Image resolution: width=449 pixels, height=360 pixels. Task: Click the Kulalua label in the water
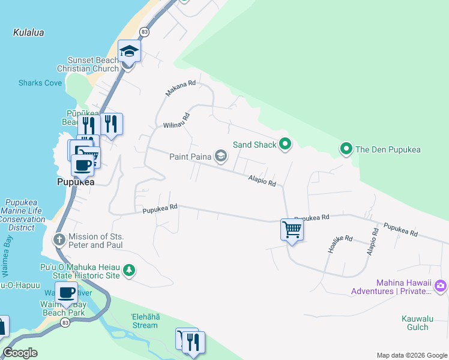pyautogui.click(x=28, y=32)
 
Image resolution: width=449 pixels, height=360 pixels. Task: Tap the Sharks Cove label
pyautogui.click(x=40, y=83)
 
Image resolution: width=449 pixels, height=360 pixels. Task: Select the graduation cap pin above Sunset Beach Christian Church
pyautogui.click(x=129, y=51)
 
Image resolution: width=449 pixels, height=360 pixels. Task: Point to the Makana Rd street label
pyautogui.click(x=181, y=88)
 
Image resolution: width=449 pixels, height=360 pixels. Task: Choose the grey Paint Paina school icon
pyautogui.click(x=221, y=157)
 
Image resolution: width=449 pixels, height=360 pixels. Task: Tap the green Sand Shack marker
pyautogui.click(x=285, y=144)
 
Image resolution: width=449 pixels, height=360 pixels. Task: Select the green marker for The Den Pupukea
pyautogui.click(x=346, y=149)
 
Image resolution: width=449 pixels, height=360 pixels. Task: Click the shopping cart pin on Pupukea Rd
pyautogui.click(x=292, y=229)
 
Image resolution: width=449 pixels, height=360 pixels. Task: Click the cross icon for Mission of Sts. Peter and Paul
pyautogui.click(x=59, y=240)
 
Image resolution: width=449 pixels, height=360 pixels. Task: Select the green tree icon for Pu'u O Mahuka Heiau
pyautogui.click(x=128, y=271)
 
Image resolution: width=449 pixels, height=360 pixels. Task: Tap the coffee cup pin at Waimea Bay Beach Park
pyautogui.click(x=66, y=293)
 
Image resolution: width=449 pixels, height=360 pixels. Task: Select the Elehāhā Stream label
pyautogui.click(x=145, y=321)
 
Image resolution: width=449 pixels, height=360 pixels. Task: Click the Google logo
pyautogui.click(x=20, y=353)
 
